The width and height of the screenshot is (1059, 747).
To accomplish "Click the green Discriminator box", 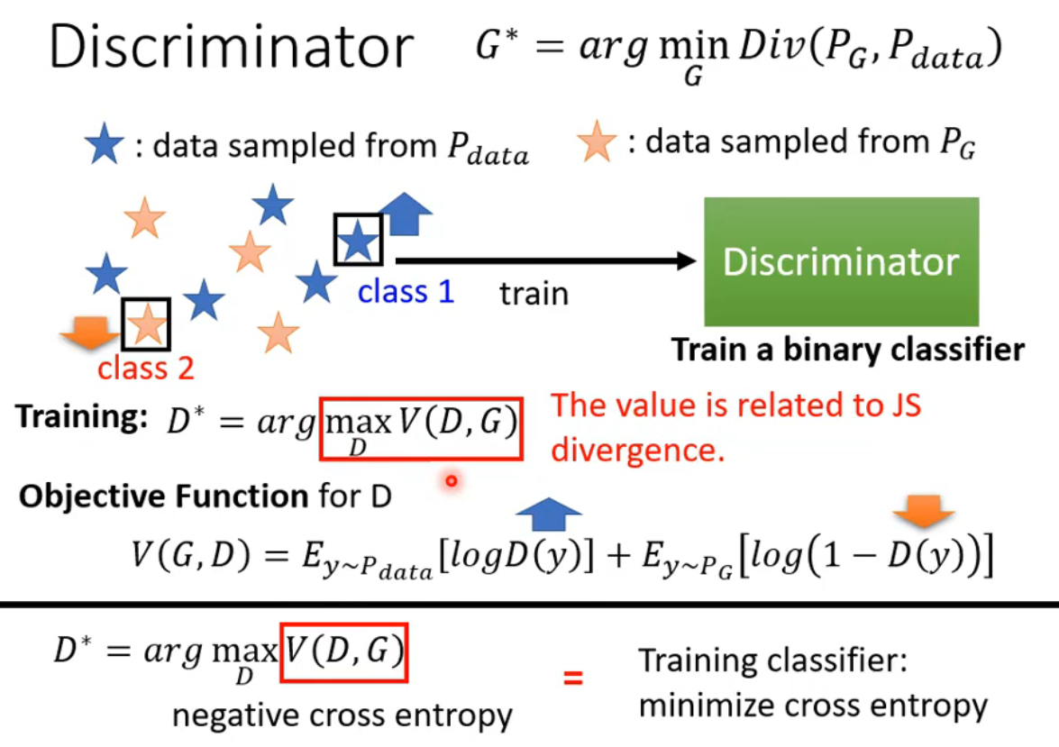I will click(x=841, y=261).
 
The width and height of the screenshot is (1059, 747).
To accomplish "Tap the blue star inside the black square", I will click(x=359, y=241).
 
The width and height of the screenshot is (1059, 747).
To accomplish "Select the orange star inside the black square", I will click(x=146, y=325).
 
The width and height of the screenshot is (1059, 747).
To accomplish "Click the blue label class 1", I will click(x=406, y=292).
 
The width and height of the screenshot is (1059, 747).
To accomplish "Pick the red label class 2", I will click(x=146, y=368).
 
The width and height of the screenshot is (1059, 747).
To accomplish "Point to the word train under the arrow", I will click(x=534, y=293).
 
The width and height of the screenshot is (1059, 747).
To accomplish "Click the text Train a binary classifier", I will click(x=848, y=350).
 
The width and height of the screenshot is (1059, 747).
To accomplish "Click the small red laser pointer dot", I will click(x=452, y=481).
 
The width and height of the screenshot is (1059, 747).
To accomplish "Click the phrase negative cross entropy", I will click(x=342, y=715).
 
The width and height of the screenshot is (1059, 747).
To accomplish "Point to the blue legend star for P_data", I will click(x=105, y=146).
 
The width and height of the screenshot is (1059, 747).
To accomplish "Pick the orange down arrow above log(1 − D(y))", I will click(x=924, y=515).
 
